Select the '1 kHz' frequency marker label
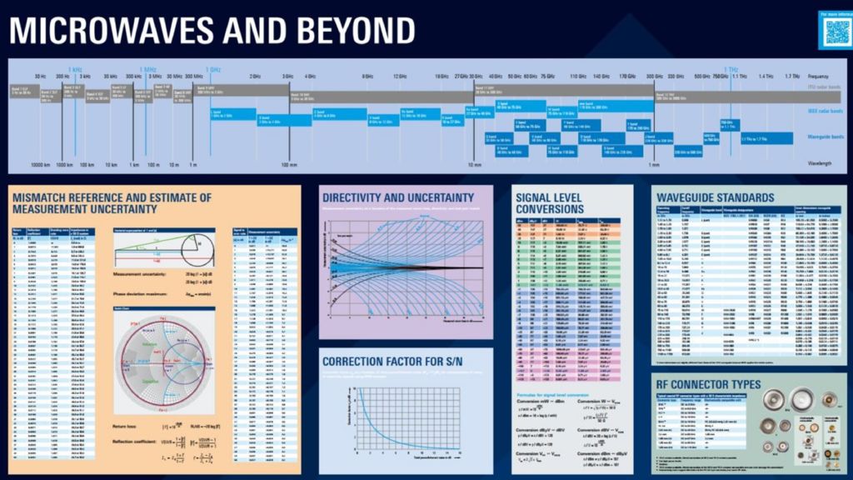74,69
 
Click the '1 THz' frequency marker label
731,69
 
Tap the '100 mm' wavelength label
289,164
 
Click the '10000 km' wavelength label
41,164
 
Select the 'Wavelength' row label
820,163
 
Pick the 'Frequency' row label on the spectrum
820,76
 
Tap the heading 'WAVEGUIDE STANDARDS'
716,197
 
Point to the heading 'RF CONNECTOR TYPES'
709,384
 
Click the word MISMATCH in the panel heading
47,197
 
